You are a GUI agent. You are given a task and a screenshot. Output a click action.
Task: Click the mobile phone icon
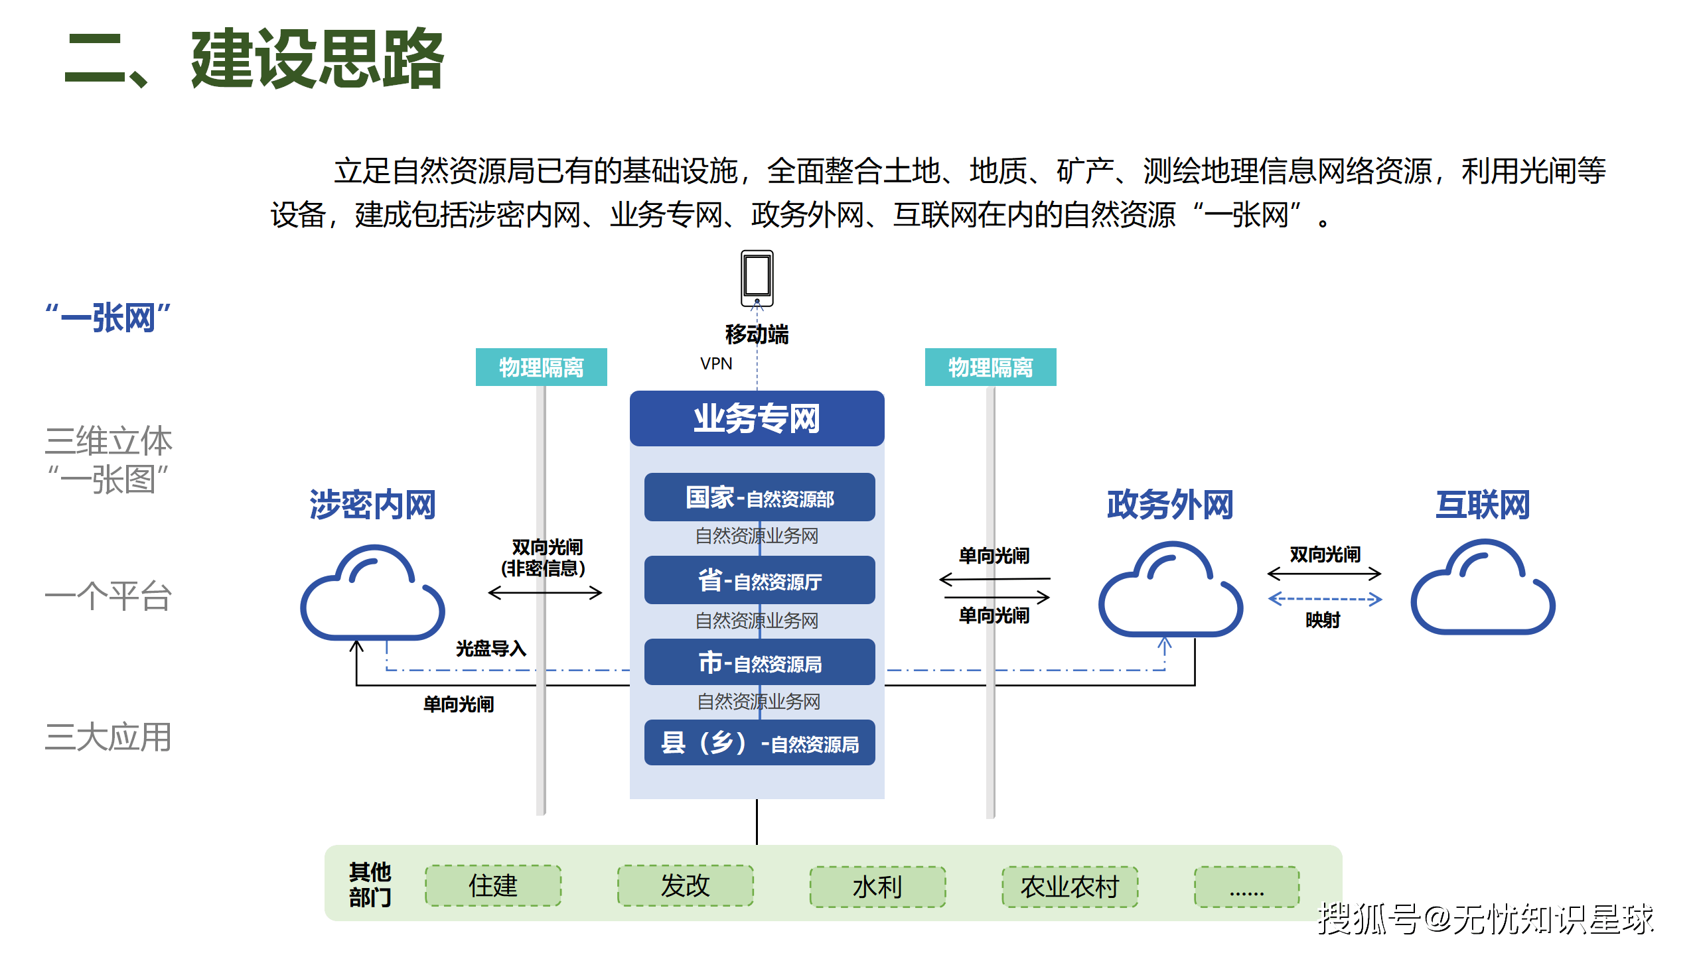[757, 278]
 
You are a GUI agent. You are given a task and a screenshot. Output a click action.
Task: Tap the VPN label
[716, 363]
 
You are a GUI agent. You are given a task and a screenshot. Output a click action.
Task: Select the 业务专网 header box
[757, 418]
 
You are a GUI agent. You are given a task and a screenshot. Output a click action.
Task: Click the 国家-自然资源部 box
[759, 497]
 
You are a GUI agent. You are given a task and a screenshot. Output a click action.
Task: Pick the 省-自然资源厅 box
[759, 580]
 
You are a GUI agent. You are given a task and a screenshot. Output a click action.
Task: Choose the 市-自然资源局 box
[759, 663]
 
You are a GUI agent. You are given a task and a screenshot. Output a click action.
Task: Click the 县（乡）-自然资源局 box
[759, 743]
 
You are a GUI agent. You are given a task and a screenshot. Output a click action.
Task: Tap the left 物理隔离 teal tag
[541, 367]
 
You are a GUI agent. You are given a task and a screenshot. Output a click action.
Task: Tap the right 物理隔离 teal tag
[990, 367]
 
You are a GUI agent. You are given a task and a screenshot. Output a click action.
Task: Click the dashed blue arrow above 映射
[1324, 599]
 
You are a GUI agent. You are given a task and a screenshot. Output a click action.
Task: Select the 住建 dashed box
[493, 885]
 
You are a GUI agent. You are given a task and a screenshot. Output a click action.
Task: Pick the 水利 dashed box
[877, 886]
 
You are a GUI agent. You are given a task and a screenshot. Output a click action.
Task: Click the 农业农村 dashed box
[1070, 886]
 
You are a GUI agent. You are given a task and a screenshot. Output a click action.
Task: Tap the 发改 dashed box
[685, 885]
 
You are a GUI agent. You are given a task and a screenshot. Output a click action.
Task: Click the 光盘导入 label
[491, 648]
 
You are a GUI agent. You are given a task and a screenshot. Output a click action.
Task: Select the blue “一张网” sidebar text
[108, 318]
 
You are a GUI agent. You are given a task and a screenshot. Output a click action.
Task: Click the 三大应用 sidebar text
[108, 737]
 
